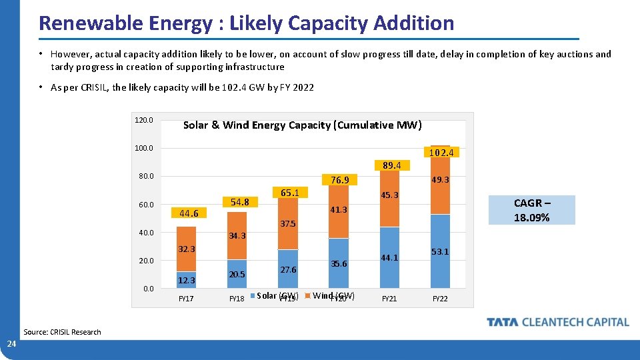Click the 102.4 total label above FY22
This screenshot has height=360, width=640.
(x=441, y=152)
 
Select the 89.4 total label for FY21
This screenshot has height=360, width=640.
(x=391, y=165)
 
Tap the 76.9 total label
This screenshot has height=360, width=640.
(x=340, y=180)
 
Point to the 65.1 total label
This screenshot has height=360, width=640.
(x=289, y=193)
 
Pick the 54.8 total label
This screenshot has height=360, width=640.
(x=239, y=202)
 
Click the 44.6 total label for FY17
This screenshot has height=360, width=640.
(x=189, y=213)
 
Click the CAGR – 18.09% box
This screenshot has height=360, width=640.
(x=532, y=210)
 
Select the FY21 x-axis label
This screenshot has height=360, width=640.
(x=389, y=299)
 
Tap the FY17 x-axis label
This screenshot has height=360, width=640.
(x=186, y=299)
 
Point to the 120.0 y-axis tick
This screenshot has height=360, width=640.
(x=144, y=121)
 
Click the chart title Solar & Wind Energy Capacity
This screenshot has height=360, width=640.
(x=302, y=125)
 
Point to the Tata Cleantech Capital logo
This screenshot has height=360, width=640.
(x=558, y=322)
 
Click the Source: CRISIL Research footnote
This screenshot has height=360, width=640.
(x=62, y=332)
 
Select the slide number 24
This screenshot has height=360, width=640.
(x=11, y=344)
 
